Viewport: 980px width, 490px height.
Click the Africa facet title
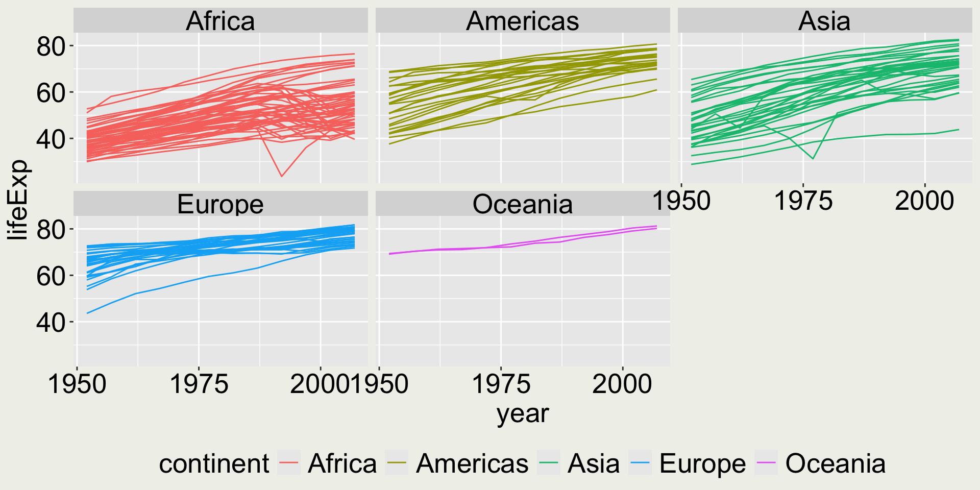[220, 21]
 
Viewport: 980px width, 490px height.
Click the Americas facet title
[523, 21]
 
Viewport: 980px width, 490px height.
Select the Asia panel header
[824, 21]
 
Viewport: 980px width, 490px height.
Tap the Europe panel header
[220, 205]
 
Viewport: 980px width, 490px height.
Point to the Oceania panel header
[523, 205]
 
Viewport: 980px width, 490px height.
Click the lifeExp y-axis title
[18, 200]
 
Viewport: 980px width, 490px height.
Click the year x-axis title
[523, 413]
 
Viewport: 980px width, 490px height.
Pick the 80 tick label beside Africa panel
[51, 46]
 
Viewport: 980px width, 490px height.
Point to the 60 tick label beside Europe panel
[51, 276]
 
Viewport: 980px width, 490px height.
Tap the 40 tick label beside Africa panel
[51, 139]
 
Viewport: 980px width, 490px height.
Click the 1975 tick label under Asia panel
[803, 201]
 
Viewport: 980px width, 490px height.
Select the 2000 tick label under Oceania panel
[622, 384]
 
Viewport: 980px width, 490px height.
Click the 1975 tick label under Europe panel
[199, 384]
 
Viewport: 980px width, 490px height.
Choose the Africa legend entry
[342, 463]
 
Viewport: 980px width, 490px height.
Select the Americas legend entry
[472, 463]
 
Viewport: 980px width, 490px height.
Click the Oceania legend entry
[835, 463]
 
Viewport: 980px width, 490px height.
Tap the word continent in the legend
[214, 463]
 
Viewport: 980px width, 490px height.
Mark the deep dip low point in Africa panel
[282, 177]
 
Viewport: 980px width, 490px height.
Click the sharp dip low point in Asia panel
[813, 159]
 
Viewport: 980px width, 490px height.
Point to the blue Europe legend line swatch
[640, 463]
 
